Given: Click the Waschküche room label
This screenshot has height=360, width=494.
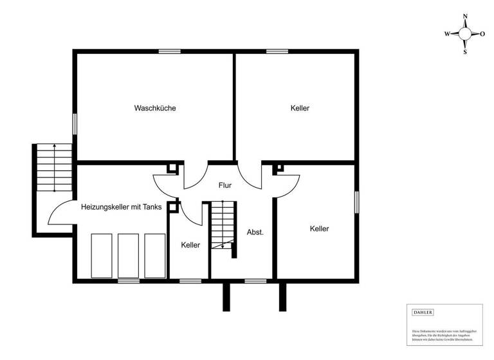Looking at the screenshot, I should click(x=155, y=108).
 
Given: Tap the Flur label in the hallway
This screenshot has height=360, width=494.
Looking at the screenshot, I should click(x=224, y=186).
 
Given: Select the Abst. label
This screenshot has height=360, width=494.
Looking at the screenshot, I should click(x=255, y=232).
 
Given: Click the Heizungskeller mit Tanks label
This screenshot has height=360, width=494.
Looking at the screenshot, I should click(x=122, y=207).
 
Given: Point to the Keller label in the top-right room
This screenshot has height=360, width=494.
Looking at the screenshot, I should click(x=300, y=108).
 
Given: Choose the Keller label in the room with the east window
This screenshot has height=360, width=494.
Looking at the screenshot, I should click(x=319, y=229).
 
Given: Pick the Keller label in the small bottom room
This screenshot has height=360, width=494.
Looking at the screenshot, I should click(x=190, y=245).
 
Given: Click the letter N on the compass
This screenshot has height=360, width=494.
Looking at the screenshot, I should click(x=465, y=17).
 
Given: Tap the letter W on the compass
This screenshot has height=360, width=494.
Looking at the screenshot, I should click(x=447, y=34).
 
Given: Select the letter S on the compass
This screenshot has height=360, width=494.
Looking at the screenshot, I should click(x=465, y=52).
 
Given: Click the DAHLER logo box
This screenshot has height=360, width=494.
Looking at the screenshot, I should click(x=423, y=312).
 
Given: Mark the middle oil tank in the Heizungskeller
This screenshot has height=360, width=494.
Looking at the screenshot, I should click(x=128, y=255).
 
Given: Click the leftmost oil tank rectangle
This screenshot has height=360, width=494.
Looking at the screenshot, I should click(x=102, y=255).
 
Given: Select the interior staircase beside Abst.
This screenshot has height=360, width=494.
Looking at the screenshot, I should click(x=222, y=225).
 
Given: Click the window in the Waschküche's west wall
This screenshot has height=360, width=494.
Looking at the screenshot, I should click(x=75, y=123).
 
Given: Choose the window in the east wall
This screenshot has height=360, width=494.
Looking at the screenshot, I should click(x=356, y=201).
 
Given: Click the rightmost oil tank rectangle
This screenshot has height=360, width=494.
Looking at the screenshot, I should click(x=154, y=255).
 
